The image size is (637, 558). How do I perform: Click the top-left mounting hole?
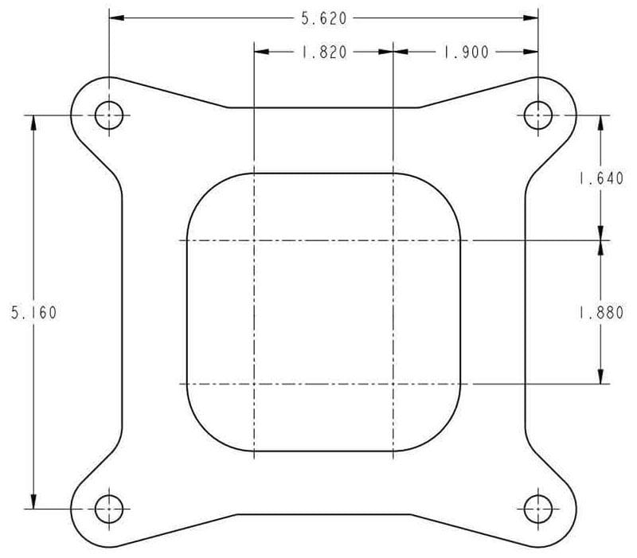[110, 116]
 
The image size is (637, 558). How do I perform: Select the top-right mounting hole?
[538, 116]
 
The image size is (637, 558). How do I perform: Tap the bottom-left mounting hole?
[110, 507]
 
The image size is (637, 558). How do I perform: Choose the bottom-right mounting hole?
[538, 507]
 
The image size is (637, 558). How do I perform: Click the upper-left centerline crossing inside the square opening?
[253, 240]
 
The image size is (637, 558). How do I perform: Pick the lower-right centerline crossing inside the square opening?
[393, 384]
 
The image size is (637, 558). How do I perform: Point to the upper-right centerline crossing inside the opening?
[393, 240]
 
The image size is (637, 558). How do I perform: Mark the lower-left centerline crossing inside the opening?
[253, 384]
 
